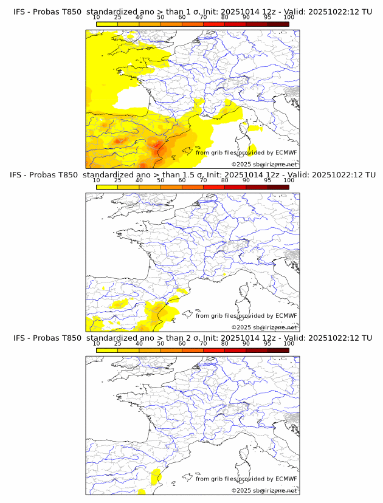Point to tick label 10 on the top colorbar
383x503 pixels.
tap(97, 17)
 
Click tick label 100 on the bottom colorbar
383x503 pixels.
tap(289, 343)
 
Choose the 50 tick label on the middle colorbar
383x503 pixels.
tap(160, 180)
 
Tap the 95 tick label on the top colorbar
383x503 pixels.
tap(267, 17)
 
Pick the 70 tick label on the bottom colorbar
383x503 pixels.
tap(203, 343)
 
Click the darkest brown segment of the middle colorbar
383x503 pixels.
tap(278, 187)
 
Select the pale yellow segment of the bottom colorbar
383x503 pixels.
tap(107, 351)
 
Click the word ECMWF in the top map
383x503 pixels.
tap(286, 152)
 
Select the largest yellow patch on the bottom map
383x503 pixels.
tap(154, 476)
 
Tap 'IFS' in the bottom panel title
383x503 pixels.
tap(19, 338)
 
